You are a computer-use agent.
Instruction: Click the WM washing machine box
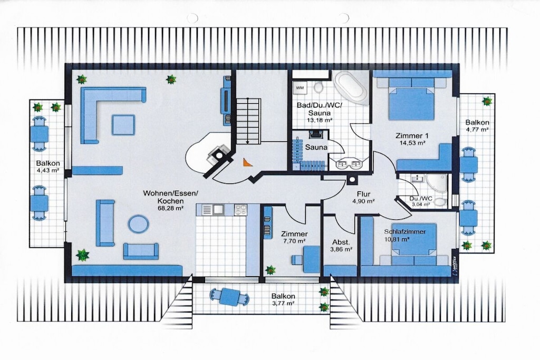pos(300,88)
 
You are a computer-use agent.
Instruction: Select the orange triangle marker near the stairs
pos(247,162)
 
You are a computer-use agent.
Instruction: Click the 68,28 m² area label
pos(169,208)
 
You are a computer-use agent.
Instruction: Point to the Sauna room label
pos(316,147)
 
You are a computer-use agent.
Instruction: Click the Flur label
pos(363,194)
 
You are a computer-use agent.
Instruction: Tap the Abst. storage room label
pos(341,241)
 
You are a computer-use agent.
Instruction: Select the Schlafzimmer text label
pos(404,231)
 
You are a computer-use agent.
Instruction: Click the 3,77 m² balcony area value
pos(283,303)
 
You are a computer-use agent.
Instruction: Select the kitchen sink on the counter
pos(218,210)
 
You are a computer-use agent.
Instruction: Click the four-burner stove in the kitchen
pos(240,210)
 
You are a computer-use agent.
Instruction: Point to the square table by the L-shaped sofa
pos(123,125)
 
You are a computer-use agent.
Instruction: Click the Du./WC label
pos(421,199)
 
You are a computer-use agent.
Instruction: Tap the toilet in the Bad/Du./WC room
pos(319,87)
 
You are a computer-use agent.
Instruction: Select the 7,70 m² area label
pos(294,241)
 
